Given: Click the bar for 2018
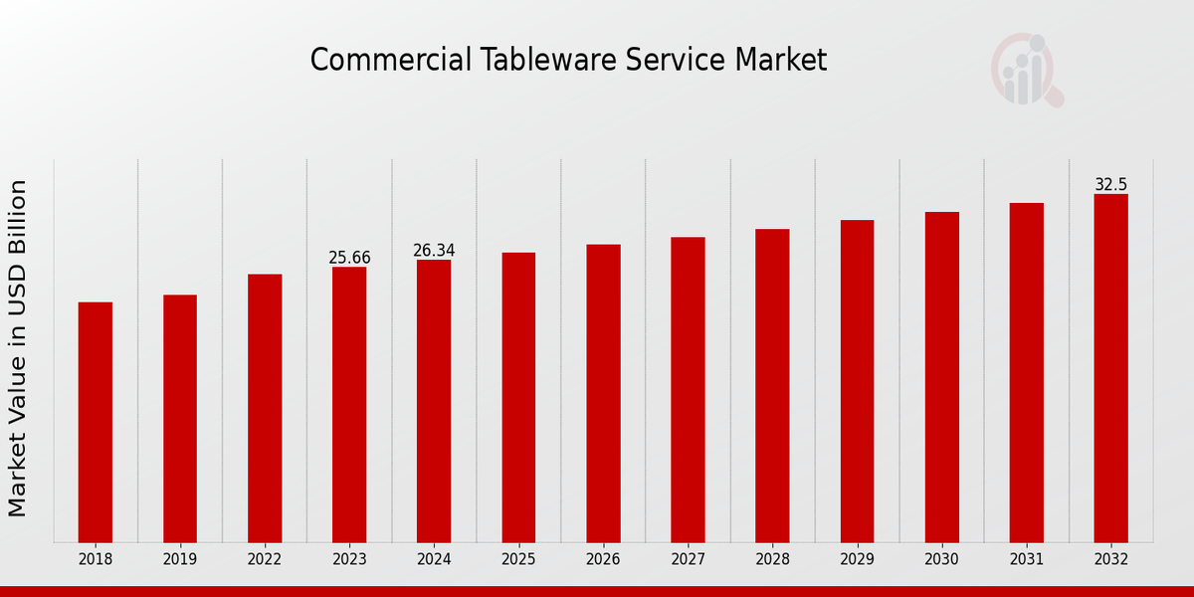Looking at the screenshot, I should point(96,422).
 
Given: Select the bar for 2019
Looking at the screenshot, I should point(180,418).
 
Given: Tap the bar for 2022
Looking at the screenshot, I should point(265,408).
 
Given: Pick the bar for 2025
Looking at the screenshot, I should point(518,397).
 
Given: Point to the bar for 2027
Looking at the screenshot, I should point(688,389).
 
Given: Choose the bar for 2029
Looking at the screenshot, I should point(857,381).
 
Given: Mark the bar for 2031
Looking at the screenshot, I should point(1026,372).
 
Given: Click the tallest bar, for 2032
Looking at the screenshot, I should point(1110,368).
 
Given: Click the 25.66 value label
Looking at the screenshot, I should point(349,258).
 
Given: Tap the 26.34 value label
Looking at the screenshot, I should point(434,251).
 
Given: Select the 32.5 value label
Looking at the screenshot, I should point(1110,185).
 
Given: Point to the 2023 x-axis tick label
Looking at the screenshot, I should point(349,559).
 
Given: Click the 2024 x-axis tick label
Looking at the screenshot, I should point(434,559).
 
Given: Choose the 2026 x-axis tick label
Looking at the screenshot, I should point(603,559).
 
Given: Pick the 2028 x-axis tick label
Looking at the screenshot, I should point(772,559).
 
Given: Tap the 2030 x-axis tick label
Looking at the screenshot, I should point(941,559).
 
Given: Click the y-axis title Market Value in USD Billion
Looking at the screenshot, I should point(18,348).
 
